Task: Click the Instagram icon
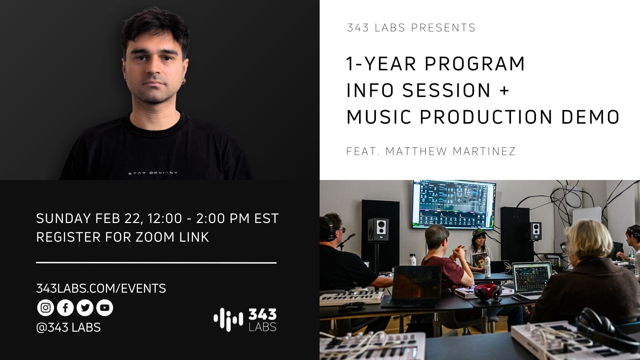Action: tap(45, 308)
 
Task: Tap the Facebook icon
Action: tap(65, 308)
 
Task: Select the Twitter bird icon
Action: tap(85, 308)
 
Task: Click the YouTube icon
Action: tap(105, 308)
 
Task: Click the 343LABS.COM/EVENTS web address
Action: tap(101, 288)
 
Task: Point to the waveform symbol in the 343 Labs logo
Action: tap(228, 320)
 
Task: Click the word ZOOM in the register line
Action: tap(154, 237)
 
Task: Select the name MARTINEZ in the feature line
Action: tap(484, 151)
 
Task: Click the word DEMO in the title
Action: tap(590, 117)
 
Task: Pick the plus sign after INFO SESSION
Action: tap(505, 90)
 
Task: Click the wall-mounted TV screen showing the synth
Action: tap(454, 205)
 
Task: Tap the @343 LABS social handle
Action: tap(68, 327)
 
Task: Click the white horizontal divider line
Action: tap(156, 263)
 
